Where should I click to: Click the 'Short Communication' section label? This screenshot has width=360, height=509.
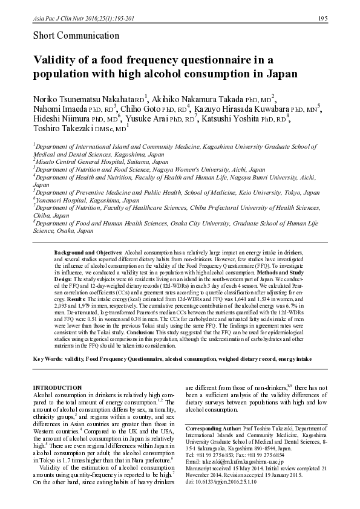click(71, 36)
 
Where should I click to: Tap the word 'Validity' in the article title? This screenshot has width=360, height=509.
click(54, 60)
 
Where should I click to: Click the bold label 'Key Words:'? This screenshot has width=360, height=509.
click(48, 359)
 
